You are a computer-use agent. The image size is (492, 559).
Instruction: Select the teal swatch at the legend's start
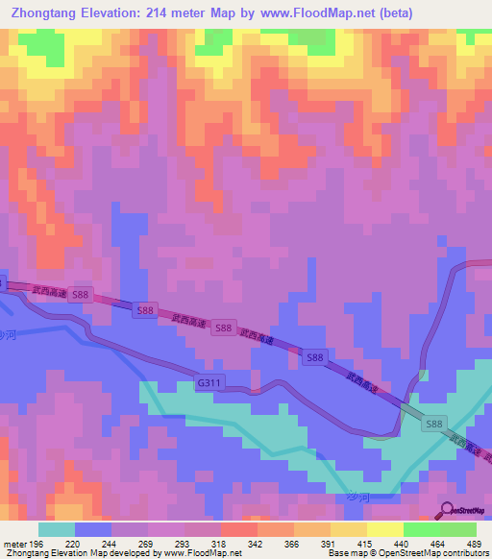(x=57, y=529)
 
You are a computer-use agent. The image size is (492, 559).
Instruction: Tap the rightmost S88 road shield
(x=434, y=424)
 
